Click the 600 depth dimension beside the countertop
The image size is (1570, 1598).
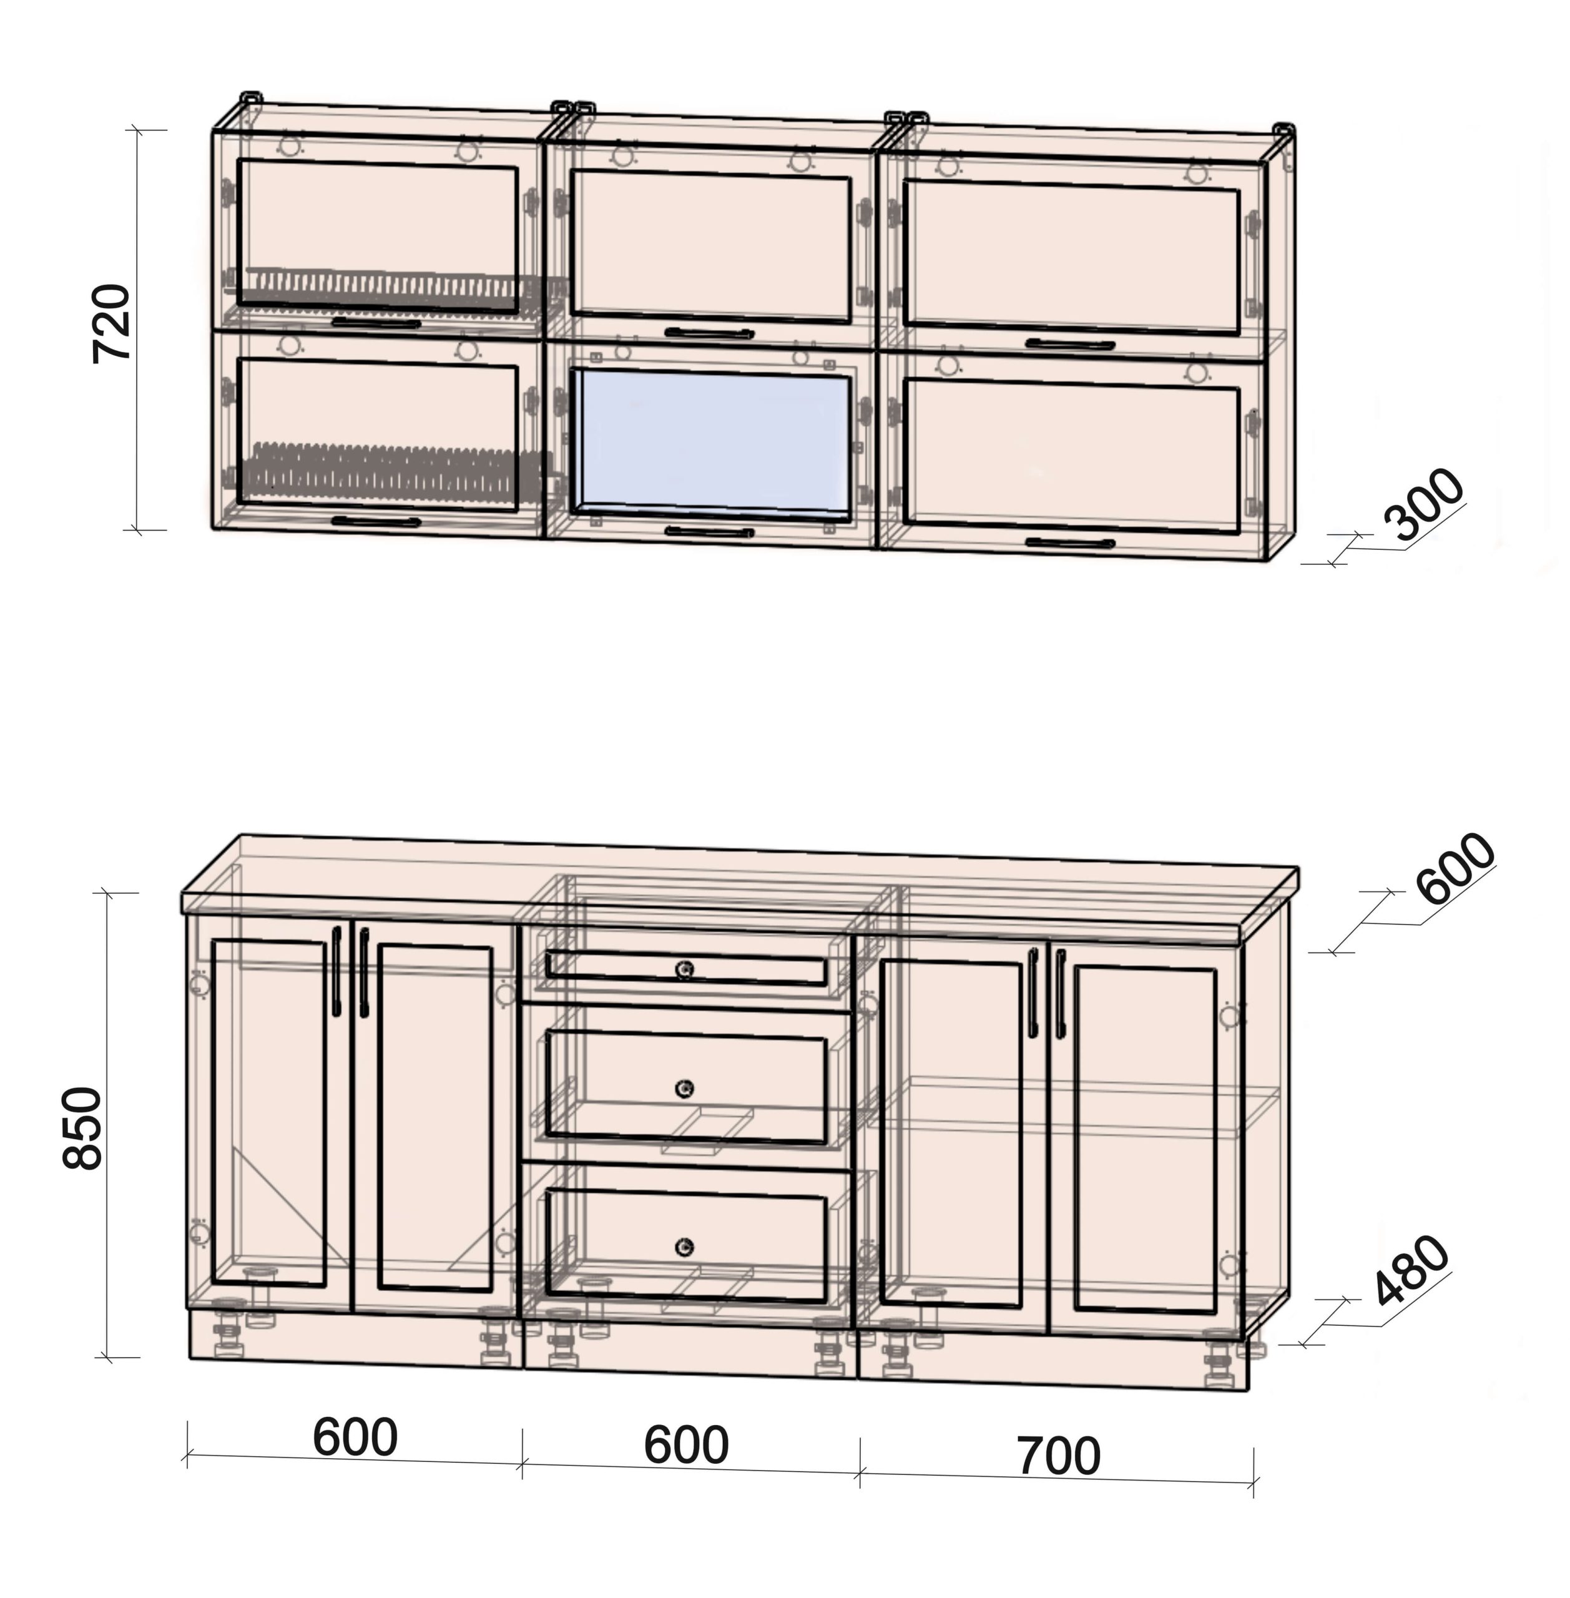[1455, 868]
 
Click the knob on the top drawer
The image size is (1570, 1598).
[684, 969]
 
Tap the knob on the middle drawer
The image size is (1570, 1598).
[684, 1089]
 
